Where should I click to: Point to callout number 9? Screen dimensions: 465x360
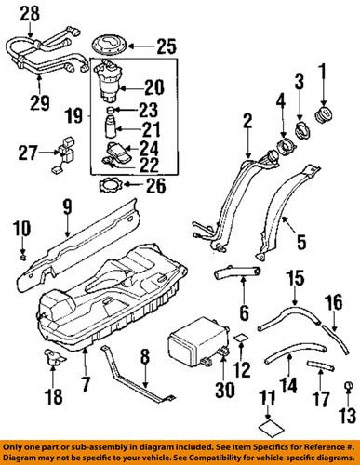(67, 206)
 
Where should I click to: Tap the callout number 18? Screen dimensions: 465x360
(52, 395)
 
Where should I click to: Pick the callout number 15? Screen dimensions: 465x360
(293, 277)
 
